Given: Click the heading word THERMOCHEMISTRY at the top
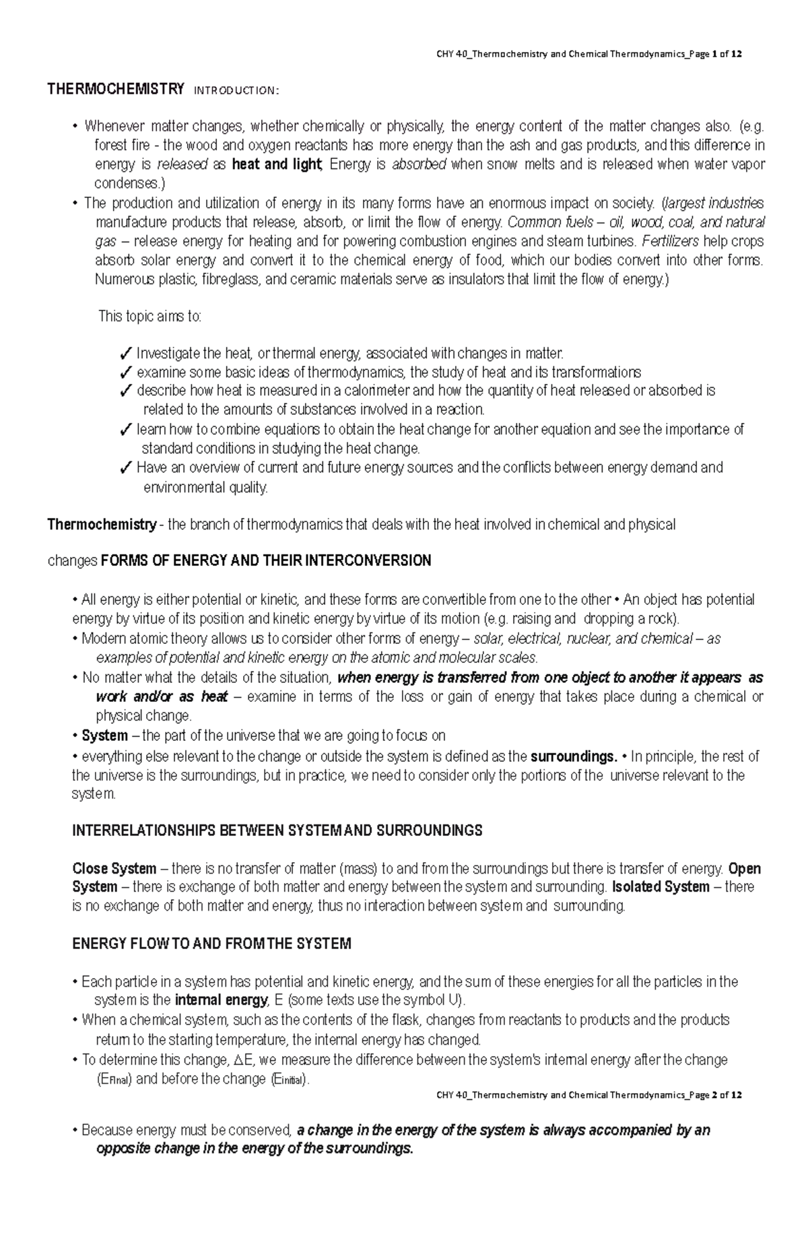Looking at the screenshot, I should click(115, 89).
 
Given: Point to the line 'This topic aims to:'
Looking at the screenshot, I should click(149, 316).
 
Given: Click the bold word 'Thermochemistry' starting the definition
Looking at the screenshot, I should click(101, 525).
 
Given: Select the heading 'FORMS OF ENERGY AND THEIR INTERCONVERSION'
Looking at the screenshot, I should click(265, 560).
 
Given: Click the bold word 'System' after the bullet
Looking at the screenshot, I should click(104, 736).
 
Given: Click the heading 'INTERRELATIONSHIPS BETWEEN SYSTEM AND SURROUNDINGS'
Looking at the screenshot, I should click(277, 831).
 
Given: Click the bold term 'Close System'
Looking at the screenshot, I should click(114, 869).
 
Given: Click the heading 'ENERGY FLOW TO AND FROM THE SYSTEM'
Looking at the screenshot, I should click(211, 944).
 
